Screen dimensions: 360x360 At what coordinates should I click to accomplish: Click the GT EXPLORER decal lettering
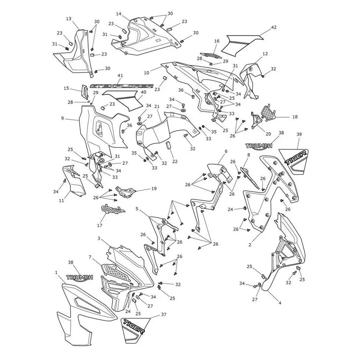(121, 86)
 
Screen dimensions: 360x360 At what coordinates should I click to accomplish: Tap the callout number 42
(274, 27)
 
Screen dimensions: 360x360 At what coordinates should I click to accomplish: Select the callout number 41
(120, 76)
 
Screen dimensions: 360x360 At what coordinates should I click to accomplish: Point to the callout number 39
(299, 134)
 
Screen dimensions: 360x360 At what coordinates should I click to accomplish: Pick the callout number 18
(295, 117)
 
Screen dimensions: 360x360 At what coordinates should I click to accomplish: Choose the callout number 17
(99, 225)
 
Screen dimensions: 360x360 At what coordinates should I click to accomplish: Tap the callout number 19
(154, 189)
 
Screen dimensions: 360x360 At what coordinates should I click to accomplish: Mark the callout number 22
(175, 162)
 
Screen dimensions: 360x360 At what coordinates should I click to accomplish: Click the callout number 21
(157, 107)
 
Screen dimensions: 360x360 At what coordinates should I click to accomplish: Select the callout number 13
(69, 19)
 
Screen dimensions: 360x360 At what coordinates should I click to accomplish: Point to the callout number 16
(217, 41)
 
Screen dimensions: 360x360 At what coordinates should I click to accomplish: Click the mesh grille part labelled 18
(269, 113)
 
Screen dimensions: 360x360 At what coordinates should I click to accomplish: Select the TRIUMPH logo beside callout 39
(259, 146)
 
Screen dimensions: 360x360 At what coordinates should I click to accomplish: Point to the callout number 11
(61, 200)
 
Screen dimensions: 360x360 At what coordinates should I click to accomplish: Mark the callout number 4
(280, 303)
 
